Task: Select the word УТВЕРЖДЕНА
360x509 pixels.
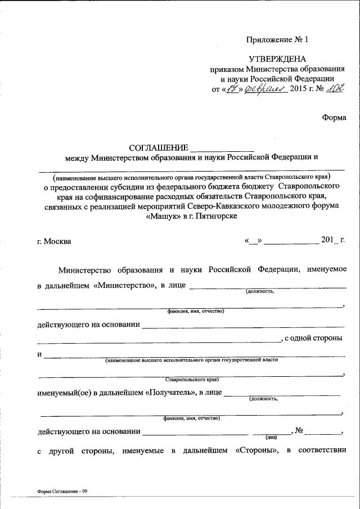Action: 277,59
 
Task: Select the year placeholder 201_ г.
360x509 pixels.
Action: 333,241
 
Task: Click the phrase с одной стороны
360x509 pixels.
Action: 314,339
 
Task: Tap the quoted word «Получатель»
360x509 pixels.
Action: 171,393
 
